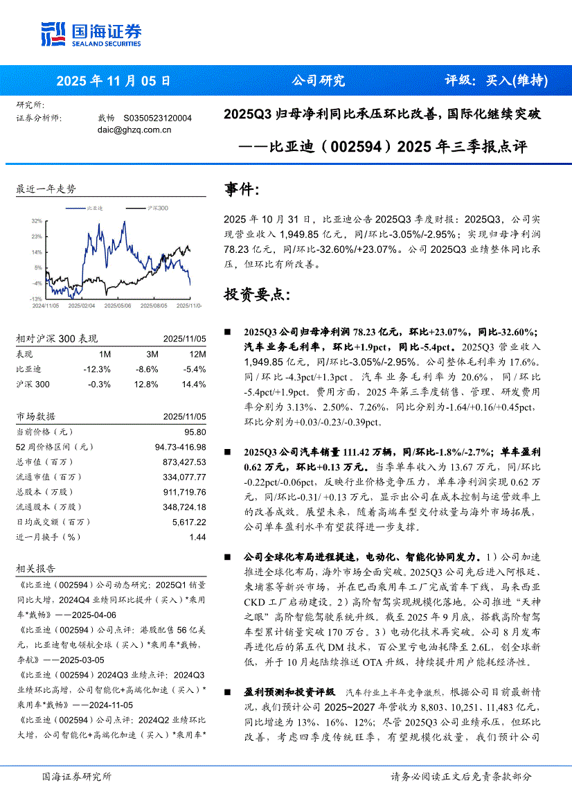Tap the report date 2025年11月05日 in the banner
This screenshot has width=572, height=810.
click(113, 80)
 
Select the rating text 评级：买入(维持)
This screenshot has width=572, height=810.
click(495, 80)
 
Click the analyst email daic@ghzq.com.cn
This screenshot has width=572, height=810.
click(134, 130)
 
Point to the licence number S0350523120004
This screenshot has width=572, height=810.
click(157, 118)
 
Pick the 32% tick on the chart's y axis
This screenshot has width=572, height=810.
click(37, 221)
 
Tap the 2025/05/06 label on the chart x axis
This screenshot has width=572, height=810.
click(118, 305)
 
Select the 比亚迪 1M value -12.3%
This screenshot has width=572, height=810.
click(92, 369)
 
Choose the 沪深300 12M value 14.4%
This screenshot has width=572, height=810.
click(194, 385)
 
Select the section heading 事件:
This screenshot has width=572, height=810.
click(242, 189)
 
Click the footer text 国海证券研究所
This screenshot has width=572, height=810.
click(76, 777)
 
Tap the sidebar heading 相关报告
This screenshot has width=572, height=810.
click(35, 568)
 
